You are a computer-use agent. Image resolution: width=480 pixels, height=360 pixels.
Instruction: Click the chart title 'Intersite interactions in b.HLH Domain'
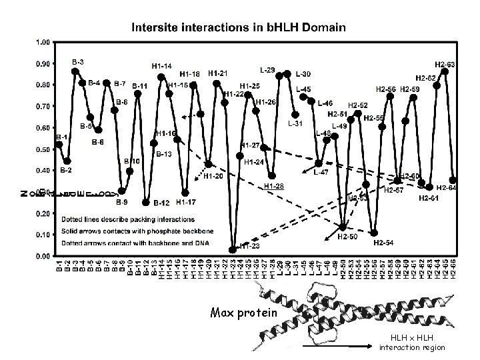tap(238, 28)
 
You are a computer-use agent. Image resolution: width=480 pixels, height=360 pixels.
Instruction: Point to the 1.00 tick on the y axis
tap(41, 41)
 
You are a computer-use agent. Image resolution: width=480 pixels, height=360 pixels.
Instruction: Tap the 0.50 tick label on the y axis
tap(41, 149)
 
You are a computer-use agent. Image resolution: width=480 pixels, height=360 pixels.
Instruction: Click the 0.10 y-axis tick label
tap(41, 234)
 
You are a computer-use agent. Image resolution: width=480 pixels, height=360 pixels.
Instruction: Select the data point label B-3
tap(78, 61)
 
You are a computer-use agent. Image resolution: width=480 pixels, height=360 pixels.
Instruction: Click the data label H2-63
tap(445, 64)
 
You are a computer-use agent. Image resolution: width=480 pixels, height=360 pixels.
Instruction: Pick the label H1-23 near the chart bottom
tap(249, 246)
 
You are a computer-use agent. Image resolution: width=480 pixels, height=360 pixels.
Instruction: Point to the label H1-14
tap(162, 66)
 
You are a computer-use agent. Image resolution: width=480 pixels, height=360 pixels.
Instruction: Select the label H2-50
tap(347, 236)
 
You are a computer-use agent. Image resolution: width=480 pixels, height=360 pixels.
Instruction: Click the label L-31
tap(295, 123)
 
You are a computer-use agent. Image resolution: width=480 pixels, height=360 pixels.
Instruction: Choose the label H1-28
tap(273, 185)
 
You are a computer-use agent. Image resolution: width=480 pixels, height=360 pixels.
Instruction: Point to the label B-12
tap(163, 203)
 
